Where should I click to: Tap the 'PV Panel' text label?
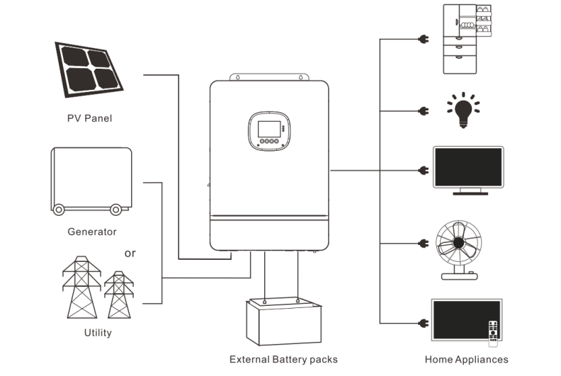click(x=89, y=118)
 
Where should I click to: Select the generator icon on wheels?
click(x=91, y=180)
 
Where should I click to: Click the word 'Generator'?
click(x=91, y=232)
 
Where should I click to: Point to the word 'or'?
click(x=130, y=253)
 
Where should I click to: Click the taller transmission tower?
click(x=81, y=287)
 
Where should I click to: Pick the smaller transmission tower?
click(x=118, y=296)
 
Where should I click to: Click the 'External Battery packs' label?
click(x=283, y=359)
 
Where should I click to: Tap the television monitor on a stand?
click(x=467, y=171)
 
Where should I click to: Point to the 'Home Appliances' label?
click(x=466, y=359)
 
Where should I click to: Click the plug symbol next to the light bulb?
click(x=424, y=111)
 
